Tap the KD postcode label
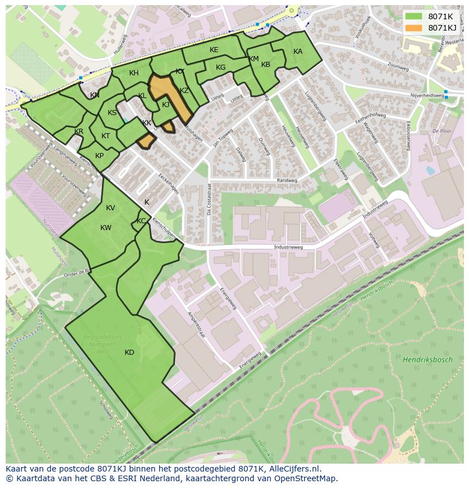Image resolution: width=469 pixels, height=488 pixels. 129,353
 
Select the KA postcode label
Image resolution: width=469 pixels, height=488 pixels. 298,52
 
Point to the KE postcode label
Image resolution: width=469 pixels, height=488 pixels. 214,50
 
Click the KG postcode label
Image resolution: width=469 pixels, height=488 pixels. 220,67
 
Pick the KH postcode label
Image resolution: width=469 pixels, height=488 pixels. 134,73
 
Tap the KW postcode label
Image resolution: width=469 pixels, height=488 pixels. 106,228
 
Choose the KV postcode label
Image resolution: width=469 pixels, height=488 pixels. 110,208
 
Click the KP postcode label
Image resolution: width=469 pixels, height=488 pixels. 99,156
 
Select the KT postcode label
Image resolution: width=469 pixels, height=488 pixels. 105,136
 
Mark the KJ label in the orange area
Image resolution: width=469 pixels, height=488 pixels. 165,105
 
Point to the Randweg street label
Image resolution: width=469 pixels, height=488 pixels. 287,181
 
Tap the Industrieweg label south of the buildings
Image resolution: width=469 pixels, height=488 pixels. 288,247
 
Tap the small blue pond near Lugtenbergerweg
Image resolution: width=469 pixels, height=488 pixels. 430,169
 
